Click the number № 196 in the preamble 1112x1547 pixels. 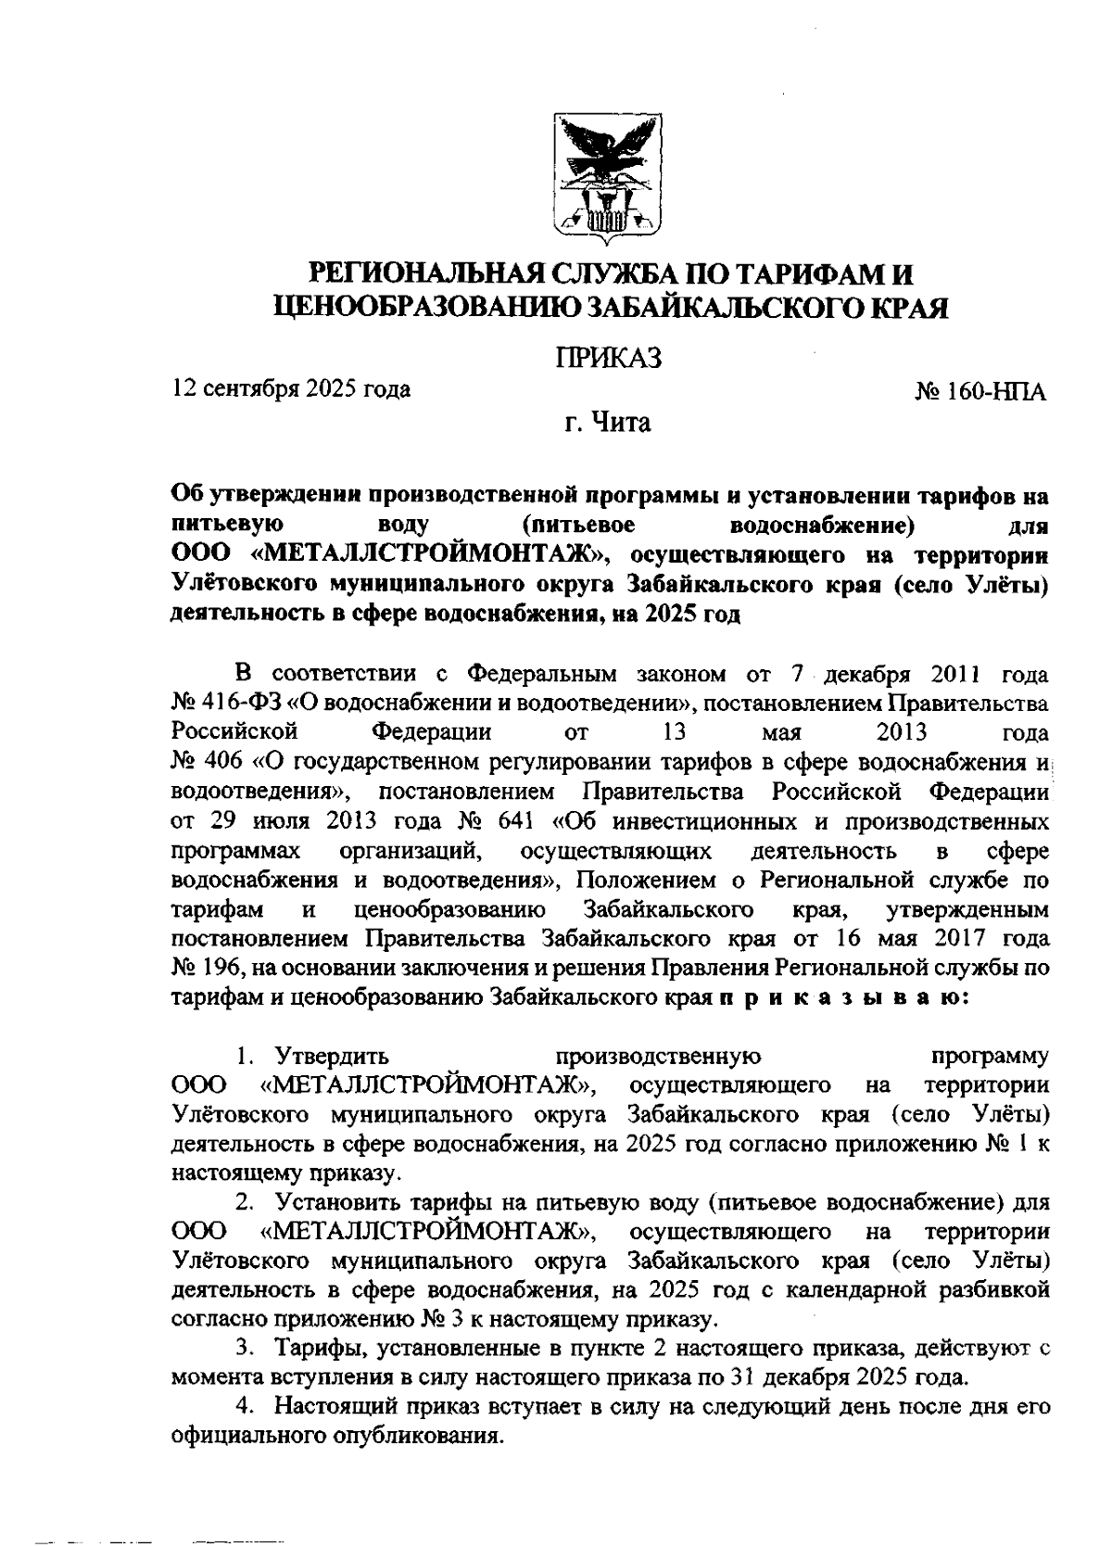point(206,968)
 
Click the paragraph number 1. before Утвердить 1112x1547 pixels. point(246,1057)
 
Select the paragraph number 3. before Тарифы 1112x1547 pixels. point(246,1349)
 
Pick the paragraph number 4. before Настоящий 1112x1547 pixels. point(246,1406)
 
